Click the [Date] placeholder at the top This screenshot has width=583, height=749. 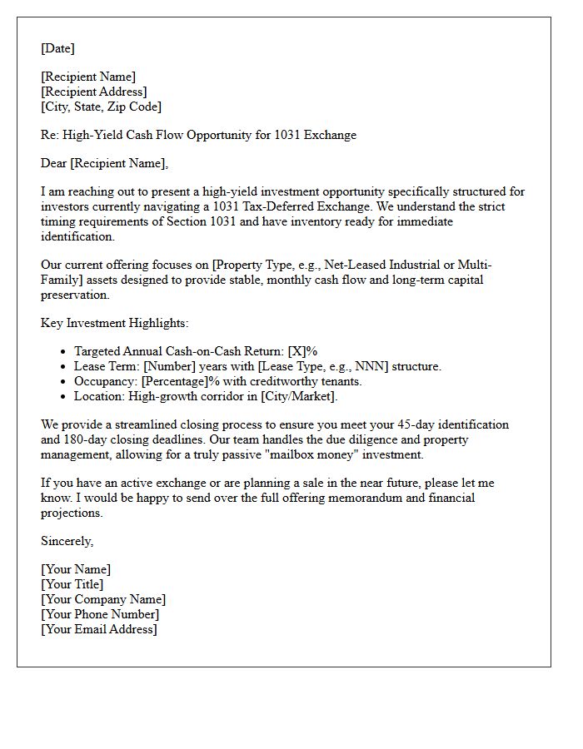57,48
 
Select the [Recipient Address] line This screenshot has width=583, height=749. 93,92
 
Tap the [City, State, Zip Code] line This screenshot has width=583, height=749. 101,107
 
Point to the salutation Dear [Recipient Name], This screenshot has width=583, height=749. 104,163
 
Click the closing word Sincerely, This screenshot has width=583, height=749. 67,541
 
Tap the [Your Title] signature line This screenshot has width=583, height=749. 72,584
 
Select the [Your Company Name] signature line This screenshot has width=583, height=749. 103,599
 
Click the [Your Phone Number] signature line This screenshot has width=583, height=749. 100,614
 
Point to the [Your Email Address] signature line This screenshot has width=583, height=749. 99,629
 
